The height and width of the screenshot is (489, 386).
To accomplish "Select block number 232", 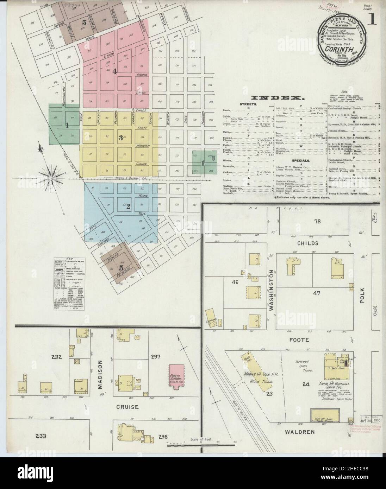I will pos(57,358).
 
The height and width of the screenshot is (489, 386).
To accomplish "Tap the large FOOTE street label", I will pos(300,340).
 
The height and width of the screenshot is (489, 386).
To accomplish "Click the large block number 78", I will pos(318,221).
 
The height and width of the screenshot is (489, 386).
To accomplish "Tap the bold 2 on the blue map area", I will pos(129,207).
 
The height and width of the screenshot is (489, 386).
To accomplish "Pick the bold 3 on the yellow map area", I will pos(120,138).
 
